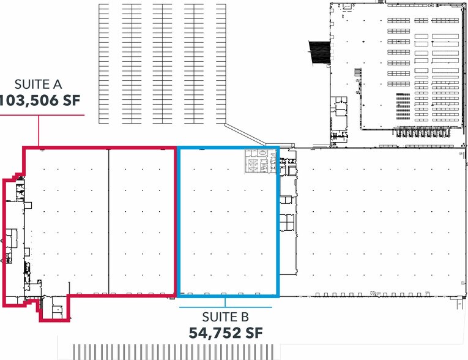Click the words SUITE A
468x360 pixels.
[38, 84]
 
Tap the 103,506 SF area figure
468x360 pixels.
[40, 100]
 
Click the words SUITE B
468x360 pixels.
[225, 317]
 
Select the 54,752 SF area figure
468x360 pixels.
[226, 333]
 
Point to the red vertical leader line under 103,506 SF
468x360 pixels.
[39, 130]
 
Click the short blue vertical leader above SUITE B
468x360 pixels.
[225, 302]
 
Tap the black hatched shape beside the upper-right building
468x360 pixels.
[319, 52]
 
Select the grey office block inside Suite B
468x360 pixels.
[260, 162]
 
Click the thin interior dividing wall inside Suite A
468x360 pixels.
[109, 222]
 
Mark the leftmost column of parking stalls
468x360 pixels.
[103, 64]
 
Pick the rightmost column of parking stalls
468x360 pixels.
[221, 64]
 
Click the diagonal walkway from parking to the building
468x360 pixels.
[245, 135]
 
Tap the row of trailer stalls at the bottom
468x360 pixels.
[173, 351]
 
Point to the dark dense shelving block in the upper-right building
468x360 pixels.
[403, 107]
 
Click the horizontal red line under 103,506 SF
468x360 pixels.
[42, 114]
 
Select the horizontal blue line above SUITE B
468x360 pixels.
[225, 307]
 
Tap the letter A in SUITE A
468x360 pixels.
[58, 84]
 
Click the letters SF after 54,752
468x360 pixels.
[254, 333]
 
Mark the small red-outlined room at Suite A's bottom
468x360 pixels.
[54, 309]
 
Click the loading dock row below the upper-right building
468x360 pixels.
[421, 132]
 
